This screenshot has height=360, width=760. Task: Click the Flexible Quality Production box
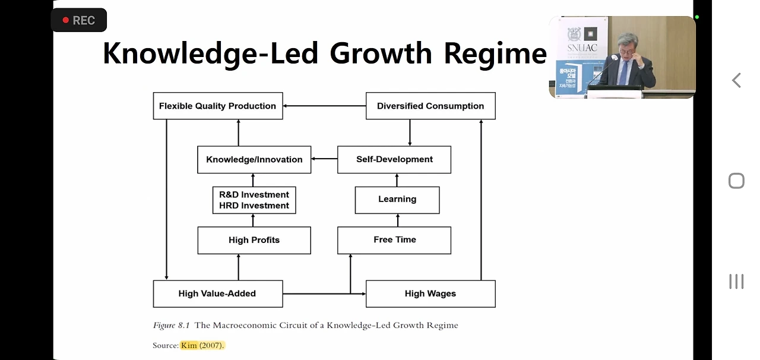[x=217, y=106]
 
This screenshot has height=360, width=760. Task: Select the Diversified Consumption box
[x=430, y=106]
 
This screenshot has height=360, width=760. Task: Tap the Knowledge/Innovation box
[x=254, y=159]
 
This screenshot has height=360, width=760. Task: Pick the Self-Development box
[x=394, y=159]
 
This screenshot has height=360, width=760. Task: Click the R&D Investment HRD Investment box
[x=254, y=200]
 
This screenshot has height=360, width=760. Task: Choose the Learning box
[x=397, y=200]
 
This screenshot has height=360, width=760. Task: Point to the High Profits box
[x=254, y=240]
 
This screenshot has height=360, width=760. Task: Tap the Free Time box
[x=394, y=240]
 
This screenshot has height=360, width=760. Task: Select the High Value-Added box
[x=217, y=293]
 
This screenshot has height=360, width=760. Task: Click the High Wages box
[x=430, y=293]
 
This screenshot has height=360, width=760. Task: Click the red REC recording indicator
[x=79, y=20]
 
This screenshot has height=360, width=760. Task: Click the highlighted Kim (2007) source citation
[x=202, y=345]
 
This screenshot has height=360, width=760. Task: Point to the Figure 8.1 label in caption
[x=172, y=325]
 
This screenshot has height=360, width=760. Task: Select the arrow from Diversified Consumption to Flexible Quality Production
[x=324, y=106]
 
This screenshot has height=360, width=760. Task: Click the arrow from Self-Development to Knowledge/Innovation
[x=324, y=159]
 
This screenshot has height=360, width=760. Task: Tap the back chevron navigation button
[x=736, y=80]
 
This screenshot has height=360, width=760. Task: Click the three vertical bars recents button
[x=736, y=282]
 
